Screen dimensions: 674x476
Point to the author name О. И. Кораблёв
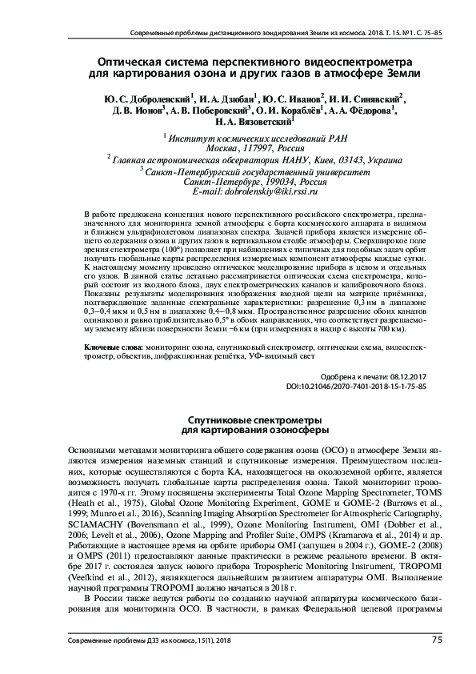click(287, 111)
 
